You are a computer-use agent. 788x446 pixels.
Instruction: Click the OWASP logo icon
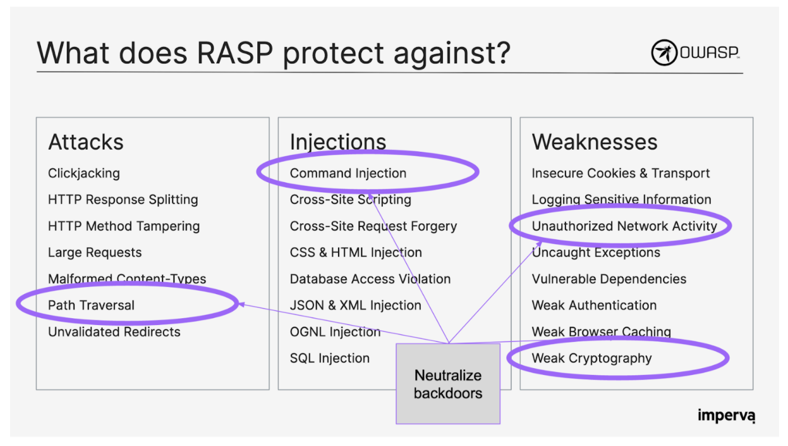664,53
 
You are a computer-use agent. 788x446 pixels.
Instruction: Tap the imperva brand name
726,416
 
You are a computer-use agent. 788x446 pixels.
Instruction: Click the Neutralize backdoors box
448,384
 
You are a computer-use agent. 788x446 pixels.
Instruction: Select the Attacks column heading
86,142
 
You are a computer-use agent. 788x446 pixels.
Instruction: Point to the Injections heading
338,142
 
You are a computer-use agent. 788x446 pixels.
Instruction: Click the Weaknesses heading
594,142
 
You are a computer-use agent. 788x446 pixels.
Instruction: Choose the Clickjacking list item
84,173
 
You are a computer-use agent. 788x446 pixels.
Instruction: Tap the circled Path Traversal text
91,305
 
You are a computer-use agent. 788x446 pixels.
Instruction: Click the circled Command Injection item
348,173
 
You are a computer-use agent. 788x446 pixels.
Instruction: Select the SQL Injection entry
330,358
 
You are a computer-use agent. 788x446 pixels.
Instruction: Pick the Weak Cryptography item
591,358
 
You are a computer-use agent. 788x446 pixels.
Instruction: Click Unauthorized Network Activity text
624,226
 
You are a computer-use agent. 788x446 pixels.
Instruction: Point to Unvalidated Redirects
114,332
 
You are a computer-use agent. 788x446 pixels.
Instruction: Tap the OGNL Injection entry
335,332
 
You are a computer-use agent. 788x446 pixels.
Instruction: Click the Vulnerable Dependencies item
609,279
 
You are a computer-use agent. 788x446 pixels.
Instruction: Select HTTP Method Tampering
124,226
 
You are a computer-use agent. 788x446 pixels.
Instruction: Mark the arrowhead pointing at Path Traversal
242,304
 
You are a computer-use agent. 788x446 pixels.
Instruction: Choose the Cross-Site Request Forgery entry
373,226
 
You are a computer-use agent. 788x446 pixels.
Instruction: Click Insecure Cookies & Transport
620,173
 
